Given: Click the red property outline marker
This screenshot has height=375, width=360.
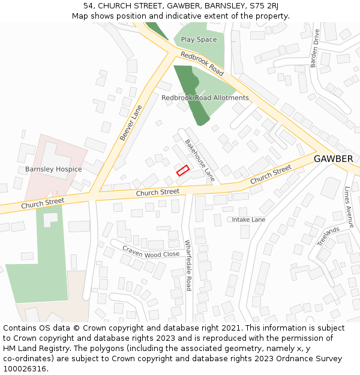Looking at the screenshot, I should pos(182,170).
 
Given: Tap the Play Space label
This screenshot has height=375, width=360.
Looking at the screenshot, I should pos(199,40).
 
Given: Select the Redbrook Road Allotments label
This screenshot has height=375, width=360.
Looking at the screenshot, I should pos(205,98).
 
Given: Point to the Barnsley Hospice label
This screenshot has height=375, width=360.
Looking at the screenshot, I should pos(53,169).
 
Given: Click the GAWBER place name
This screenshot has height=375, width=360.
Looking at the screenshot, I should pos(333,159).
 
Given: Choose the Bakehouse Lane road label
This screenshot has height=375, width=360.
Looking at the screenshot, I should pos(200,160).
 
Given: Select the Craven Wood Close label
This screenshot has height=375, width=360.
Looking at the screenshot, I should pos(151,251).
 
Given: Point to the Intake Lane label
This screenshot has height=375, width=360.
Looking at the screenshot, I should pos(248,220).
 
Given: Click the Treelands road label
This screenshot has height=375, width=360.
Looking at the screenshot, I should pos(328,236).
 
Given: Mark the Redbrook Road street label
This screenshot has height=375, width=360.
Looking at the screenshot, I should pos(202,64).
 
